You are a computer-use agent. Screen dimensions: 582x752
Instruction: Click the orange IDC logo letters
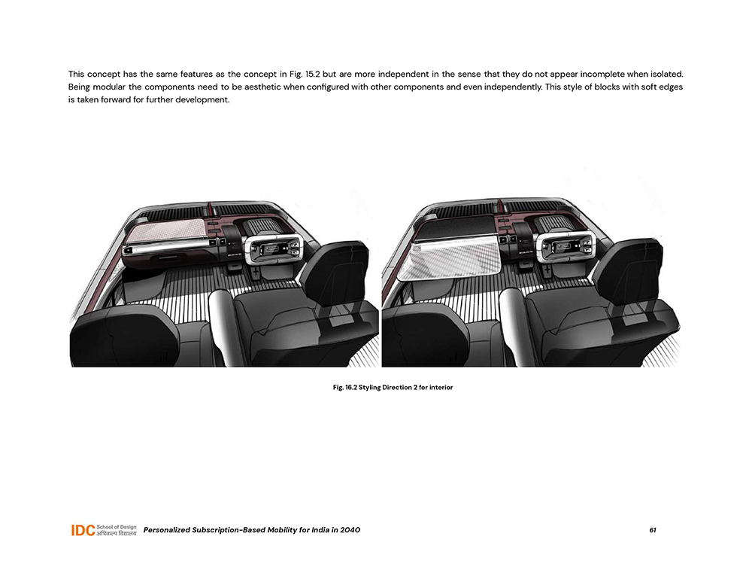tap(82, 531)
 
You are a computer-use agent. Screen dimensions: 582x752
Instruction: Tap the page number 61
tap(653, 530)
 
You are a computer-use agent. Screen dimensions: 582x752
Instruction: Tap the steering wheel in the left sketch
tap(271, 249)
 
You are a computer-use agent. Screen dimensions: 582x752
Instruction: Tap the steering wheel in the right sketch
tap(566, 248)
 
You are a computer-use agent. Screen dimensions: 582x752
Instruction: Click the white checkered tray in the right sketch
tap(450, 256)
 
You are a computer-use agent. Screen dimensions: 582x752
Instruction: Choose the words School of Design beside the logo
tap(116, 526)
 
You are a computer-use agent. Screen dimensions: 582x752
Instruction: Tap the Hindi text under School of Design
tap(116, 535)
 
